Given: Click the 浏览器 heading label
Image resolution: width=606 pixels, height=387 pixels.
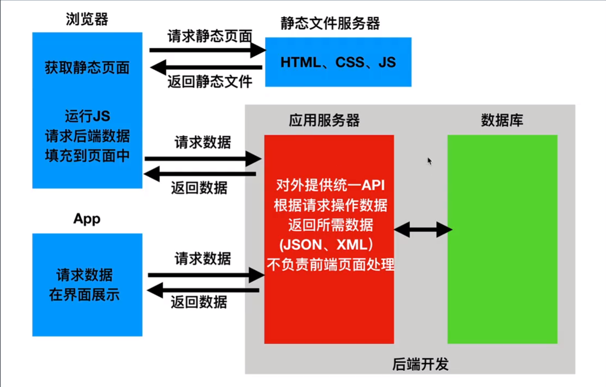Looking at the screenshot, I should click(86, 19).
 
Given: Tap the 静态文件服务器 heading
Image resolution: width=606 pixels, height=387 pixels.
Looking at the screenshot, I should click(330, 23).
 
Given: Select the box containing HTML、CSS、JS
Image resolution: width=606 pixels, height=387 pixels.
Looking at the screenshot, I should click(338, 62).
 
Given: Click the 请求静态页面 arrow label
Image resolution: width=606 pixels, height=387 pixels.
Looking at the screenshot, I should click(210, 37).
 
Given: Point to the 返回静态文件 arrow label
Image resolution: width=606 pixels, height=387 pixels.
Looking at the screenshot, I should click(210, 82).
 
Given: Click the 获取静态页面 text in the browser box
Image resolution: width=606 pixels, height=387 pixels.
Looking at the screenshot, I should click(87, 68).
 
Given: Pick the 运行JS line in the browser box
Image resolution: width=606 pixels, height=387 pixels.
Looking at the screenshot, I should click(87, 116).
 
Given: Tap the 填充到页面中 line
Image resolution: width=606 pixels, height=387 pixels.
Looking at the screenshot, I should click(87, 156).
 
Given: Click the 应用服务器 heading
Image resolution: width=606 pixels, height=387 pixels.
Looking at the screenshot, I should click(324, 120).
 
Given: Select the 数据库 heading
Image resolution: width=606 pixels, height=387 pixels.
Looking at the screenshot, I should click(502, 120).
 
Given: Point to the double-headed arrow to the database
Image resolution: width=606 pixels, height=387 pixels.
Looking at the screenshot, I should click(423, 230).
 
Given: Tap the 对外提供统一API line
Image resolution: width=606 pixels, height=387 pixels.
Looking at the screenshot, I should click(329, 186).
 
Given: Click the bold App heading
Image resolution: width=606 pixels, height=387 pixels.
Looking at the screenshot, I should click(86, 219).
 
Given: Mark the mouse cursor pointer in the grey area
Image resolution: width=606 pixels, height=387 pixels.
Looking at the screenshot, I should click(430, 161).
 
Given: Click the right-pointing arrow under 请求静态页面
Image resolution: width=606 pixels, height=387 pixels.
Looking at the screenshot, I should click(208, 50).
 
